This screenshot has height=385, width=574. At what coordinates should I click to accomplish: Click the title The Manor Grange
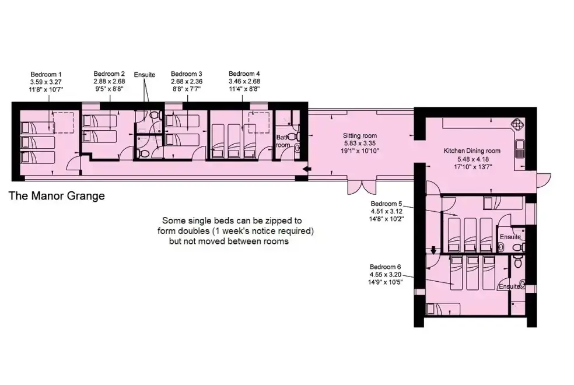click(x=57, y=196)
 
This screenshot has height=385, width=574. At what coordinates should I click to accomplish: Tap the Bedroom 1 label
click(x=46, y=75)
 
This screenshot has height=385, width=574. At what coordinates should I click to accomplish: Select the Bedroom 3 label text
click(x=186, y=74)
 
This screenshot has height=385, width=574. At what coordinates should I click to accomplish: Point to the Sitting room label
click(x=360, y=136)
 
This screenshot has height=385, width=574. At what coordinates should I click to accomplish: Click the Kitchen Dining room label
click(x=472, y=150)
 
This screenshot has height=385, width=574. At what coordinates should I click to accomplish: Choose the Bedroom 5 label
click(x=386, y=204)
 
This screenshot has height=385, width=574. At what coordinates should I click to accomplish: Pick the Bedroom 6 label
click(x=386, y=267)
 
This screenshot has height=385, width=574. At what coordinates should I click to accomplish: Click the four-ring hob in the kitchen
click(x=518, y=124)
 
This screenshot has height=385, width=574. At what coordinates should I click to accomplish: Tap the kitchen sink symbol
click(x=519, y=149)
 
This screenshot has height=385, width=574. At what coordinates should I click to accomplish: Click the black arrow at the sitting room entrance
click(x=307, y=169)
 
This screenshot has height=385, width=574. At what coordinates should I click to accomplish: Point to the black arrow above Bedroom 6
click(x=433, y=250)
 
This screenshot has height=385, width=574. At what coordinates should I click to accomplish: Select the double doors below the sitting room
click(x=362, y=187)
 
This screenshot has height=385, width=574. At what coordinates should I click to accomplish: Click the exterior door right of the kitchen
click(x=544, y=180)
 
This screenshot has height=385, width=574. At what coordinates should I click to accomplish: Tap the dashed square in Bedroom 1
click(x=64, y=123)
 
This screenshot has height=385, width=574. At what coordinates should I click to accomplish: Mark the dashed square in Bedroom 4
click(x=259, y=123)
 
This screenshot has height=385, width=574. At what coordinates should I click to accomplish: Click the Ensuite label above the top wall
click(x=145, y=75)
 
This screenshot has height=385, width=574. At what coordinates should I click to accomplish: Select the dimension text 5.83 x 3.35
click(x=360, y=143)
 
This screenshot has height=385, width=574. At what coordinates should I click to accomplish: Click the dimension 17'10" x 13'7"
click(x=473, y=167)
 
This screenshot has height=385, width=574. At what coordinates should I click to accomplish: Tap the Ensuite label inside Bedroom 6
click(x=509, y=286)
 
